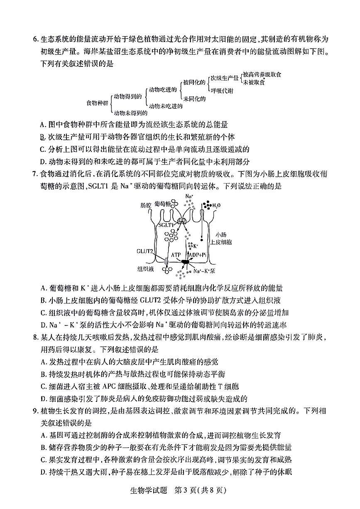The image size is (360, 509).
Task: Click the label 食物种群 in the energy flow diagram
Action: [97, 102]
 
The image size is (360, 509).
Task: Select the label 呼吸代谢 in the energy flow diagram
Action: [222, 90]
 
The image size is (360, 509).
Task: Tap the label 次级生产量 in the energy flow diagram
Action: [224, 78]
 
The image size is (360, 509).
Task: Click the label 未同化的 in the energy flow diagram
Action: [194, 98]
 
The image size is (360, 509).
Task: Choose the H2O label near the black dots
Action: [216, 205]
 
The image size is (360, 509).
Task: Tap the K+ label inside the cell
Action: [196, 246]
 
